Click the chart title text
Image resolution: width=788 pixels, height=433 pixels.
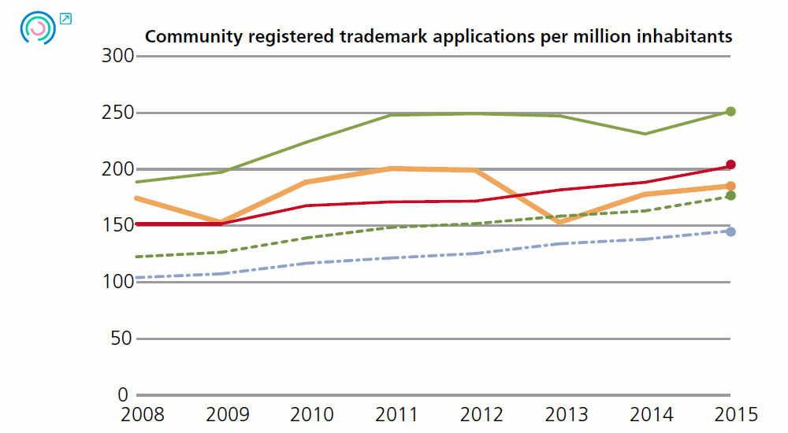click(x=438, y=37)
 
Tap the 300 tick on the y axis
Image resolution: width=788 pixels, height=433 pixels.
click(x=118, y=56)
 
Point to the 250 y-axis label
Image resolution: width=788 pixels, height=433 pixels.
click(x=118, y=113)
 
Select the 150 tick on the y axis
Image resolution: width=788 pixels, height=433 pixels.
click(x=118, y=225)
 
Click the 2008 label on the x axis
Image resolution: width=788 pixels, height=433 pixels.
click(x=136, y=414)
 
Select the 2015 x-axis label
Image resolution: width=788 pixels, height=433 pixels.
click(x=731, y=414)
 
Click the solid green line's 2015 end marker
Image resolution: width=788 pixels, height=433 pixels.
click(x=730, y=112)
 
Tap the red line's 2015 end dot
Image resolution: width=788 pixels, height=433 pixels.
click(x=730, y=165)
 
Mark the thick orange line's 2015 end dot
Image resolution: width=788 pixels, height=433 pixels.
click(x=730, y=186)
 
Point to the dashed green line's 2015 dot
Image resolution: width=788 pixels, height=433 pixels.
click(x=730, y=195)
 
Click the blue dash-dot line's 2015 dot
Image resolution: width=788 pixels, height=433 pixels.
click(x=730, y=231)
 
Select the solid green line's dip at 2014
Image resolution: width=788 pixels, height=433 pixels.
click(x=646, y=134)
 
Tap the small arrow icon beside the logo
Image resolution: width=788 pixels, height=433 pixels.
click(x=65, y=18)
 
